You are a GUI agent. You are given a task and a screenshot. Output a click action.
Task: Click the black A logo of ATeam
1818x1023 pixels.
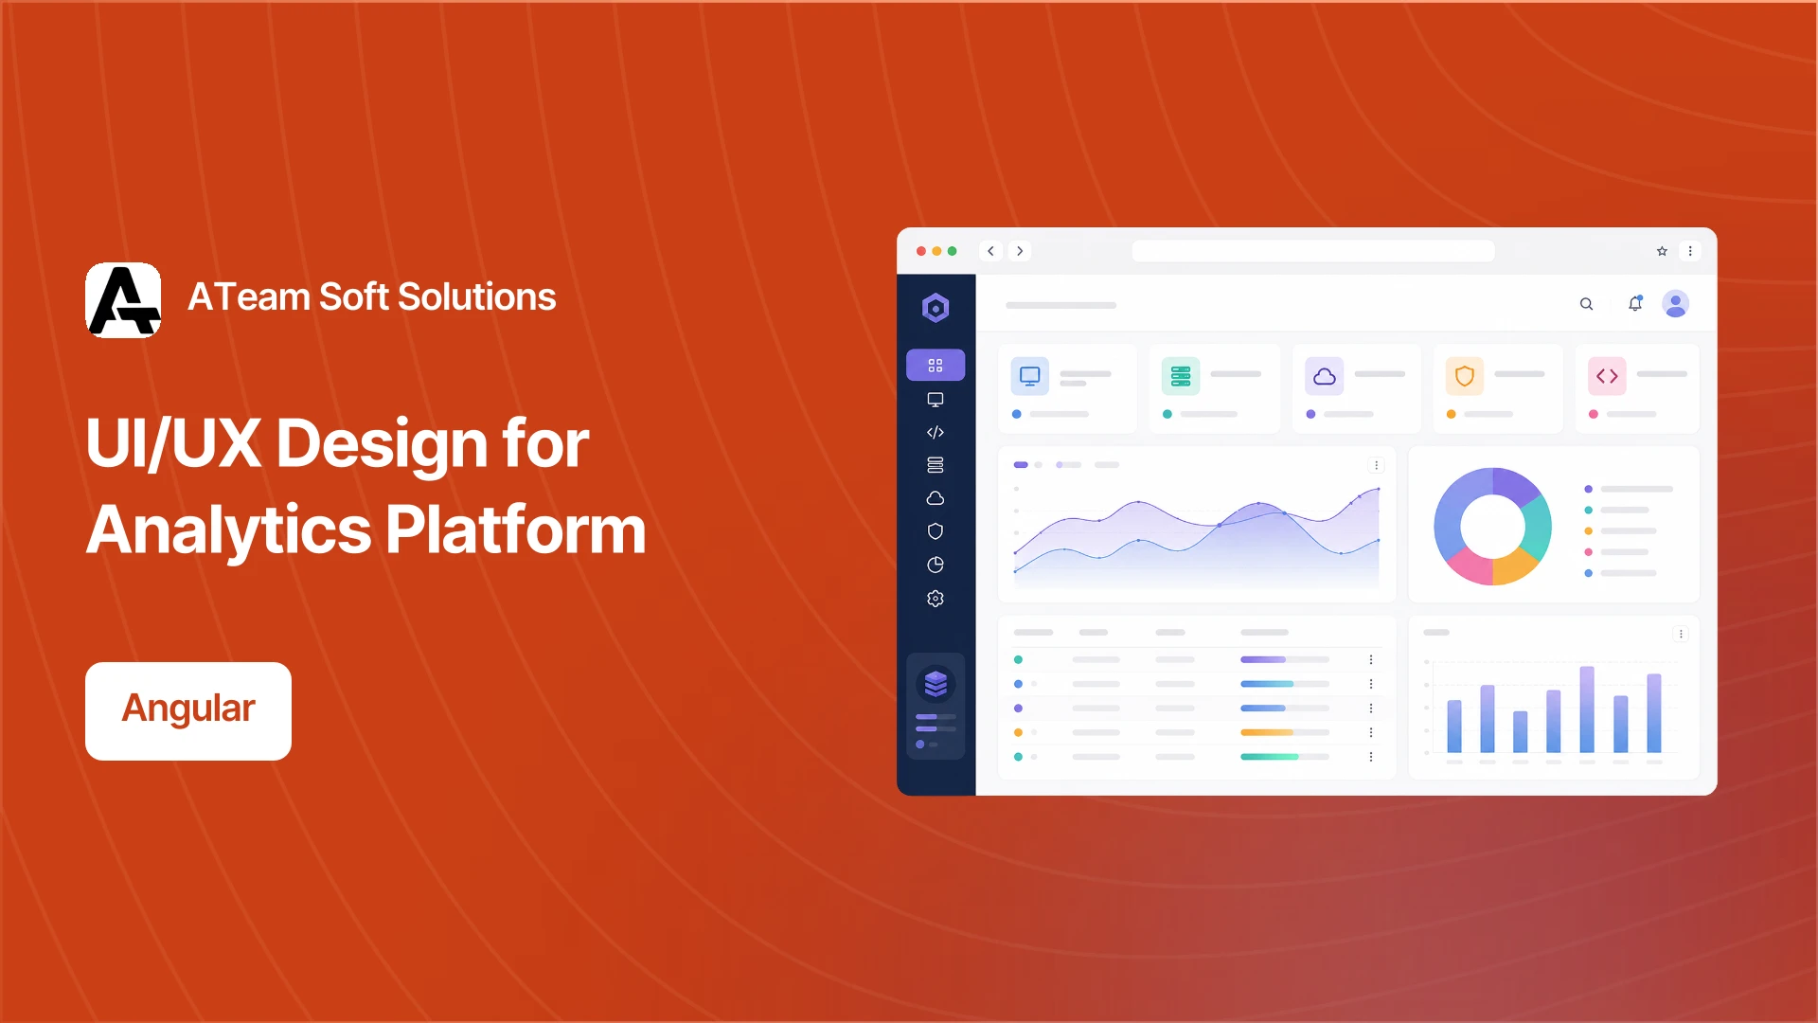click(123, 300)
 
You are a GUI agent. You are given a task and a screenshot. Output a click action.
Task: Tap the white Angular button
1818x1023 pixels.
click(188, 710)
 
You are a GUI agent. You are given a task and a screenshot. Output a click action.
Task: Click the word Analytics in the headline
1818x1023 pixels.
click(228, 530)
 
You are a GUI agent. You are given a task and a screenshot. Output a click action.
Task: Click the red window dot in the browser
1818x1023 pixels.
click(921, 251)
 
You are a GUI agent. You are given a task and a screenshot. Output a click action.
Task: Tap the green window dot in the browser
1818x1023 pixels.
click(953, 251)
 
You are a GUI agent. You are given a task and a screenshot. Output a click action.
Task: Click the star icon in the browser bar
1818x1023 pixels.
click(1662, 251)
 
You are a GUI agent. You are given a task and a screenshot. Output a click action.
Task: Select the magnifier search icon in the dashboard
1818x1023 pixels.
click(1586, 304)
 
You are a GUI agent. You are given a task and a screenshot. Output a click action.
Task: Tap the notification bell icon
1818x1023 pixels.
click(1635, 303)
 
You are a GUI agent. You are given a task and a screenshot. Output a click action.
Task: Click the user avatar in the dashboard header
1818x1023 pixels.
click(1676, 303)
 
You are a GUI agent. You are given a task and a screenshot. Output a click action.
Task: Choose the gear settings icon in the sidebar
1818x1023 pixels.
click(936, 599)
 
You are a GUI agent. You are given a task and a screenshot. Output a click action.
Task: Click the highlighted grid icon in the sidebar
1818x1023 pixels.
click(936, 366)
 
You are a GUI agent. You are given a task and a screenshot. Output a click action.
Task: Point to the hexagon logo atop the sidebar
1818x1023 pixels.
click(936, 308)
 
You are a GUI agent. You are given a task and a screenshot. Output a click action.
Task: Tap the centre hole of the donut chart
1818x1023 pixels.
click(1493, 527)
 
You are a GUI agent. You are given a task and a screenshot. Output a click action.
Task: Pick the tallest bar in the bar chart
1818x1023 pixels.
click(1587, 709)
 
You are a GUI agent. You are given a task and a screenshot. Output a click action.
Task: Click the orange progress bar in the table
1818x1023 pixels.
click(1267, 732)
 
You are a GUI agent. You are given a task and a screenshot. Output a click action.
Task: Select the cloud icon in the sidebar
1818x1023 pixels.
click(936, 498)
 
